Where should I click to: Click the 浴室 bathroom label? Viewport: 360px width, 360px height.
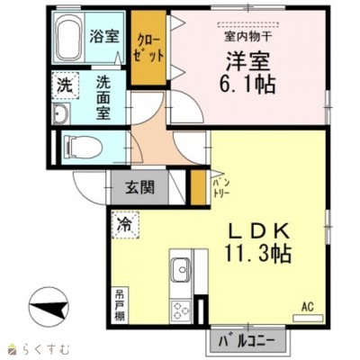pyautogui.click(x=105, y=37)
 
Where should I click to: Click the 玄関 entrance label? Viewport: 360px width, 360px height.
pyautogui.click(x=140, y=188)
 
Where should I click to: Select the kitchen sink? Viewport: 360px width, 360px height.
pyautogui.click(x=180, y=270)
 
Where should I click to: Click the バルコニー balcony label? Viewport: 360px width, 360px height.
pyautogui.click(x=246, y=341)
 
